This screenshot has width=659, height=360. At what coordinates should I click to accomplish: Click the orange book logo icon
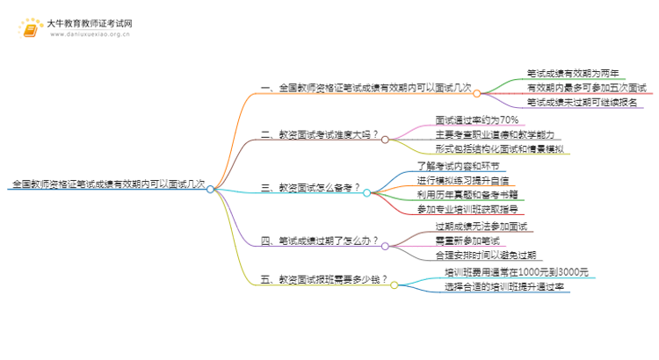pos(30,28)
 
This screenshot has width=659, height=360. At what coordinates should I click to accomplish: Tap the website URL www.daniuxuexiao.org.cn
pos(90,34)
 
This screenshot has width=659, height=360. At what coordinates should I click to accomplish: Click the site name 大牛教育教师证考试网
pos(90,24)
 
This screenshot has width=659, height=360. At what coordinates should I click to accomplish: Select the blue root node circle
pos(210,190)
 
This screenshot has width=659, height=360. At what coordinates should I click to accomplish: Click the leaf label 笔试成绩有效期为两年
pos(573,74)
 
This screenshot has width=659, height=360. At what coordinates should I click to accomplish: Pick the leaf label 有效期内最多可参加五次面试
pos(587,88)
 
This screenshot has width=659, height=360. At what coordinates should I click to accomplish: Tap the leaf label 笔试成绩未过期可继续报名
pos(582,102)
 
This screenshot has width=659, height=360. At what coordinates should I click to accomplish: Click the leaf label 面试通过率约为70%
pos(476,120)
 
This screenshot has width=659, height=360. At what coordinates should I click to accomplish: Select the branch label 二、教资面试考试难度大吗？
pos(320,135)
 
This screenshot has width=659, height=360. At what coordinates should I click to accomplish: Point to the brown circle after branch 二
pos(385,140)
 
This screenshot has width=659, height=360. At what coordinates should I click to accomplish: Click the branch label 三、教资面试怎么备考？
pos(310,188)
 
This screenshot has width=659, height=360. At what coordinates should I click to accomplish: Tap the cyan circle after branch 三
pos(367,193)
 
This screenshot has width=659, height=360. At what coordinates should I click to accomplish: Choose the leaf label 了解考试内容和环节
pos(458,166)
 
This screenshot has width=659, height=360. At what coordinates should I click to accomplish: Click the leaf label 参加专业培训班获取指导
pos(467,209)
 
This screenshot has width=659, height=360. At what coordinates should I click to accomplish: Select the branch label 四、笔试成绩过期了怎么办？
pos(320,241)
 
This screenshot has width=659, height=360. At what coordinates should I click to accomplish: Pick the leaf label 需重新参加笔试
pos(467,241)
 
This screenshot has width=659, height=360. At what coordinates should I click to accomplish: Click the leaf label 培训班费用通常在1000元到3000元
pos(517,272)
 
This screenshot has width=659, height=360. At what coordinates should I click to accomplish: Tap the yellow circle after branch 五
pos(395,285)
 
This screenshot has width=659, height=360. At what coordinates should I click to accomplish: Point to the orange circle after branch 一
pos(476,93)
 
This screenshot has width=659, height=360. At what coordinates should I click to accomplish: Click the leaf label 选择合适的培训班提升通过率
pos(504,287)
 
